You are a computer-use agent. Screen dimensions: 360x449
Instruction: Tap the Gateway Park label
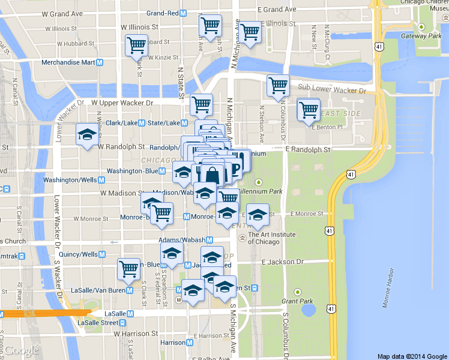coord(421,36)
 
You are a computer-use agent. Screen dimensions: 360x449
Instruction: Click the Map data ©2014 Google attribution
coord(412,356)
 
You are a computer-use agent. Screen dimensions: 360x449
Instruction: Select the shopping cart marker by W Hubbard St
coord(137,45)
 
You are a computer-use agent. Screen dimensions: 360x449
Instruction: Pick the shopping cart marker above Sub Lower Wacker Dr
coord(278,85)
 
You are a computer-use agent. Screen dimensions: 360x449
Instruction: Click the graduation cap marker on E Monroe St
coord(258,214)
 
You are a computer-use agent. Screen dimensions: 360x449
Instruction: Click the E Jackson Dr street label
coord(283,262)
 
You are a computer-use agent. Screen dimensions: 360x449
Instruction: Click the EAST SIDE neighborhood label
coord(340,113)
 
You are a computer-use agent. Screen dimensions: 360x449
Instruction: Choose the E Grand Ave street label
coord(277,10)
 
